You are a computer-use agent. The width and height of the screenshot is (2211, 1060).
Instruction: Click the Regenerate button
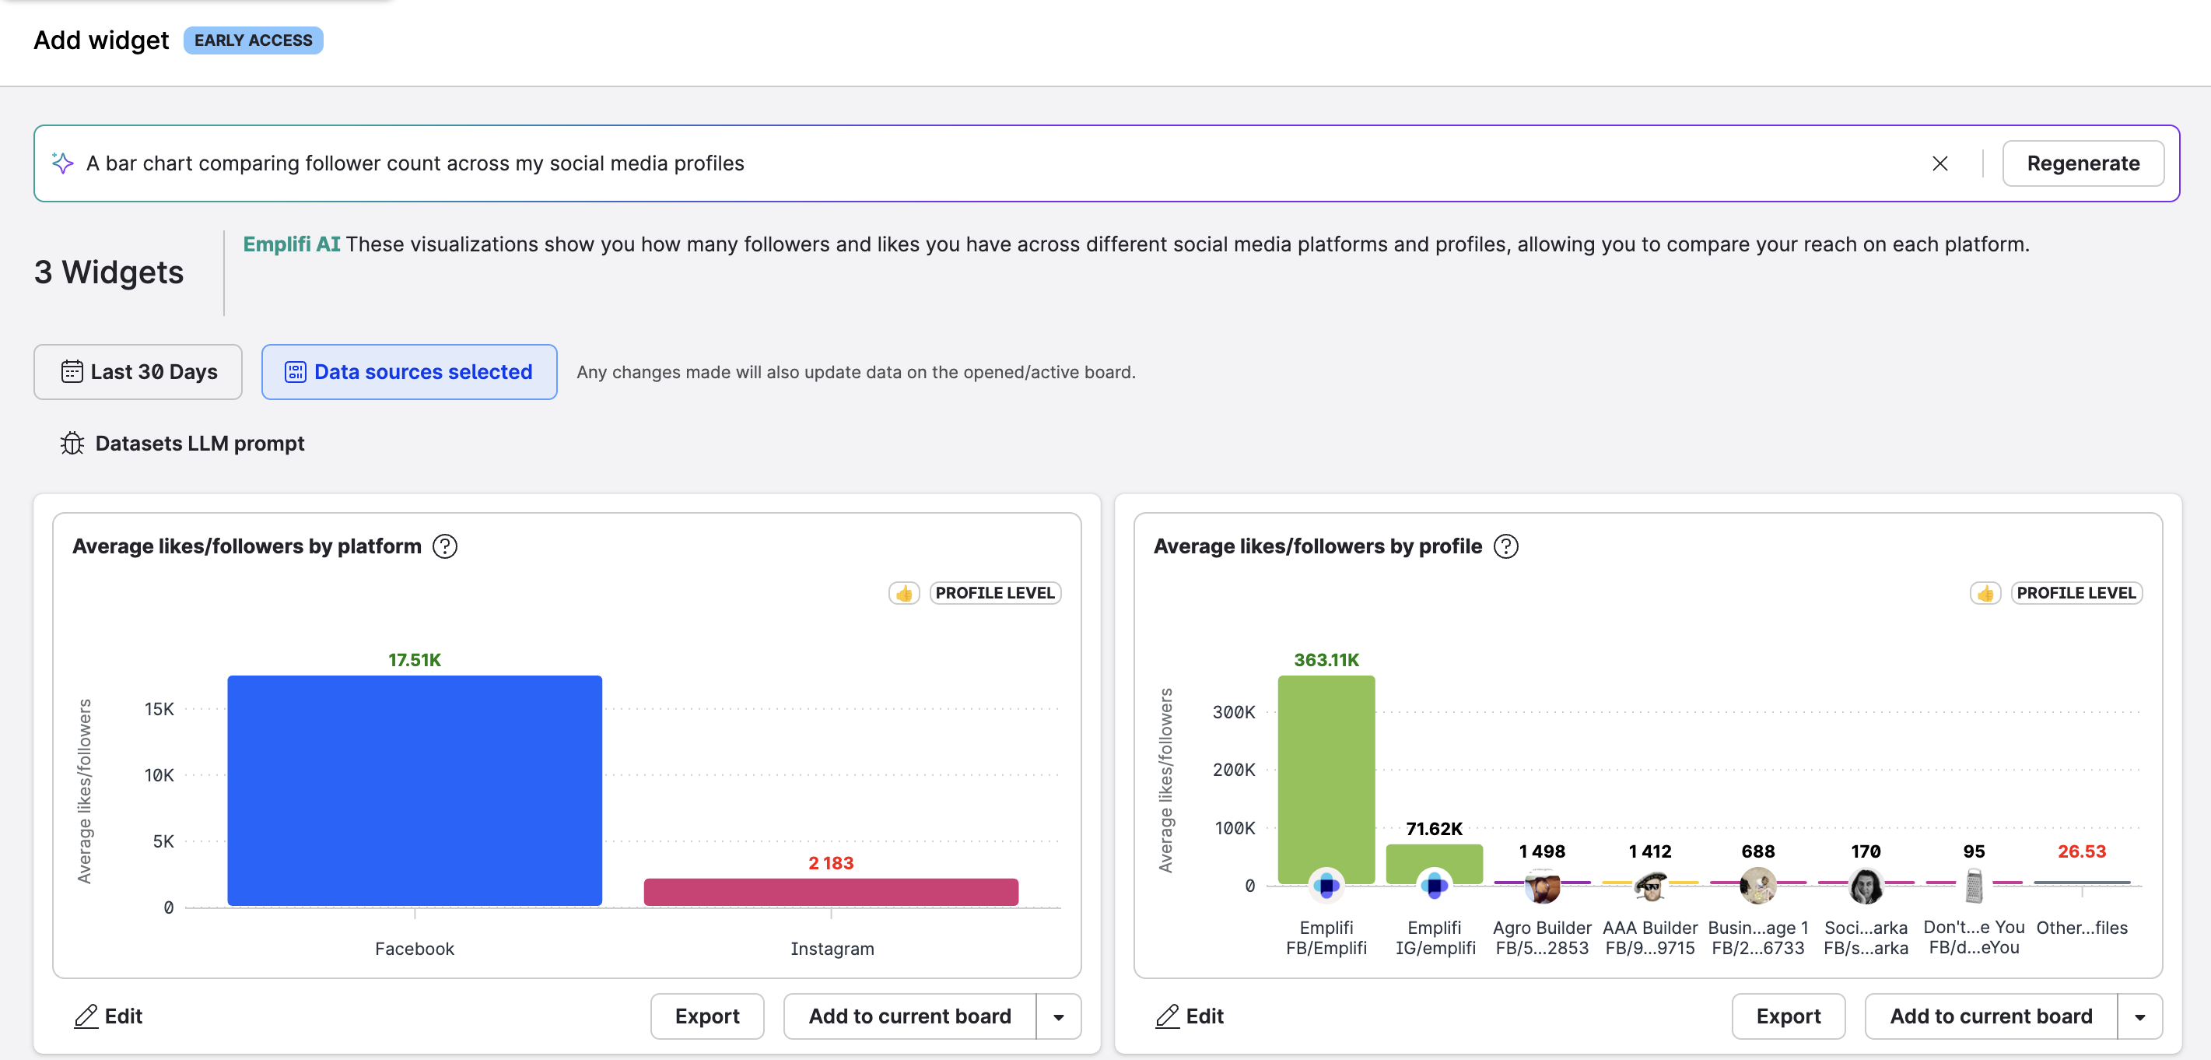[2083, 163]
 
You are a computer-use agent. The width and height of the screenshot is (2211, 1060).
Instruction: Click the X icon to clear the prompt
[1939, 163]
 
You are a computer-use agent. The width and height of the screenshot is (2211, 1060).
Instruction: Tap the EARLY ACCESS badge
[253, 40]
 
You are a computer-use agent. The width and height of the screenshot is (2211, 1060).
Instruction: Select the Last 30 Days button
[138, 372]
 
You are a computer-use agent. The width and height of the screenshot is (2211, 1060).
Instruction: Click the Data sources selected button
[408, 372]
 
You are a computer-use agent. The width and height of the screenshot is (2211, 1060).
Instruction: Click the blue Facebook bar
[415, 790]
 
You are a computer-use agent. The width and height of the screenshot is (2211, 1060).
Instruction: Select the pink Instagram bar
[830, 892]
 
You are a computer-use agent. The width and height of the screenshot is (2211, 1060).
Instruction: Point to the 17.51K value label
[415, 659]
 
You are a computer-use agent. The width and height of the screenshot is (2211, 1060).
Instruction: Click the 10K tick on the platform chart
[159, 775]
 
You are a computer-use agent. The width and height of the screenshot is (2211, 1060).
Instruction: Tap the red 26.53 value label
[2080, 851]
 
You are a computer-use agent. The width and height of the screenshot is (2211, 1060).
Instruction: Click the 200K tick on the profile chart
[1232, 769]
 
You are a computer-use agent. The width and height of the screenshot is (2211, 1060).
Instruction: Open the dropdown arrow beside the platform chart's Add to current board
[1058, 1016]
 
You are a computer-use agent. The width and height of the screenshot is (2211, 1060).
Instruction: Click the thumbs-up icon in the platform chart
[904, 593]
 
